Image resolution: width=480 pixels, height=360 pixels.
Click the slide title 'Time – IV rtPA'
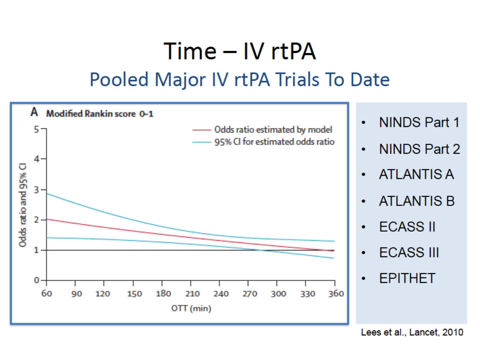click(x=240, y=52)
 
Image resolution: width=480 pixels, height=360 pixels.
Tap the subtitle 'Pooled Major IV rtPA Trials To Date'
click(x=240, y=80)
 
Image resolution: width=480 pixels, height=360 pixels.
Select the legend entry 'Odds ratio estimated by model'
click(x=273, y=129)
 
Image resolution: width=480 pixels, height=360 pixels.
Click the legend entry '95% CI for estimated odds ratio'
click(x=274, y=142)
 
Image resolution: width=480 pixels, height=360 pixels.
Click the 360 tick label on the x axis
click(x=336, y=294)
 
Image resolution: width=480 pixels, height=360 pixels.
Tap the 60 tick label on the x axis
click(x=47, y=294)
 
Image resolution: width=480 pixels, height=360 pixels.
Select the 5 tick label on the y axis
click(x=36, y=129)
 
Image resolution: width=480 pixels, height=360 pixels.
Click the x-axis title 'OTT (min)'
click(x=191, y=308)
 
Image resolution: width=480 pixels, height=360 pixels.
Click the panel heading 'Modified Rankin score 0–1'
click(x=100, y=114)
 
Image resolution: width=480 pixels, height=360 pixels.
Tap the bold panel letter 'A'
click(x=34, y=113)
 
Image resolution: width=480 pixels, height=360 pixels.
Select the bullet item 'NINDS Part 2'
click(x=419, y=149)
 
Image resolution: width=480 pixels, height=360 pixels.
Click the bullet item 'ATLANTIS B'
click(x=417, y=201)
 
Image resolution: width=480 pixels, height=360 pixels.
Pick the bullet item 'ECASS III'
click(x=409, y=253)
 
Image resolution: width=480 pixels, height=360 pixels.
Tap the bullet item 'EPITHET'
click(x=407, y=278)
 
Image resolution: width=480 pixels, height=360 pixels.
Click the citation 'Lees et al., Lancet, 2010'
click(x=412, y=332)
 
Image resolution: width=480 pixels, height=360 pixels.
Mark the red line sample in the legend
click(x=201, y=130)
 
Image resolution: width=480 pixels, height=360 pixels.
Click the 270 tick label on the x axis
click(x=249, y=294)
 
